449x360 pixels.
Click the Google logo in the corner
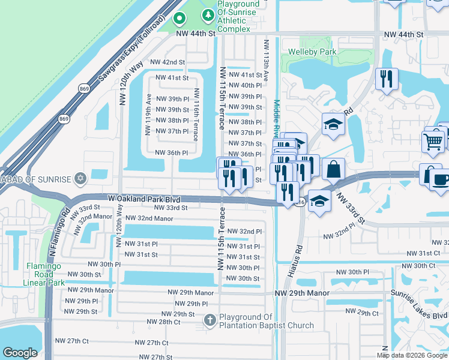[20, 353]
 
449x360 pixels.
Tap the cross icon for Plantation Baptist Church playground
[209, 321]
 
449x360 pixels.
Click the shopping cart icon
[433, 142]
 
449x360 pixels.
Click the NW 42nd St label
[167, 62]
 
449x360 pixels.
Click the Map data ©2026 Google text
[412, 355]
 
